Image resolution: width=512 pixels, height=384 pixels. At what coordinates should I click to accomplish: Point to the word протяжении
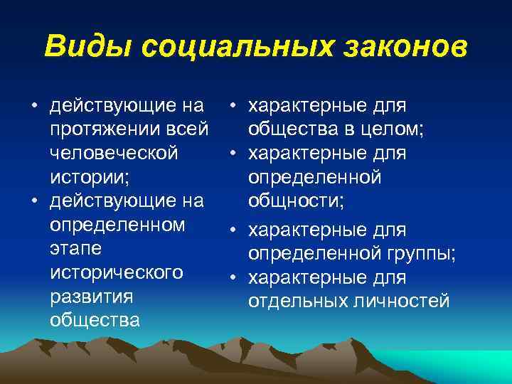click(x=104, y=130)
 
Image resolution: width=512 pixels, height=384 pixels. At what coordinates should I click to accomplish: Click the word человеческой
click(x=114, y=154)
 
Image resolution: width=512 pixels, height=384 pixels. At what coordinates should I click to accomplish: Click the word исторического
click(x=117, y=273)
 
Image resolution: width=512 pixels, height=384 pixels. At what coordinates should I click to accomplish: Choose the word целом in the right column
click(x=391, y=130)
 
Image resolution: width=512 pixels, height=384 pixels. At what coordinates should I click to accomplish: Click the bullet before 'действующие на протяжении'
click(x=33, y=107)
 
